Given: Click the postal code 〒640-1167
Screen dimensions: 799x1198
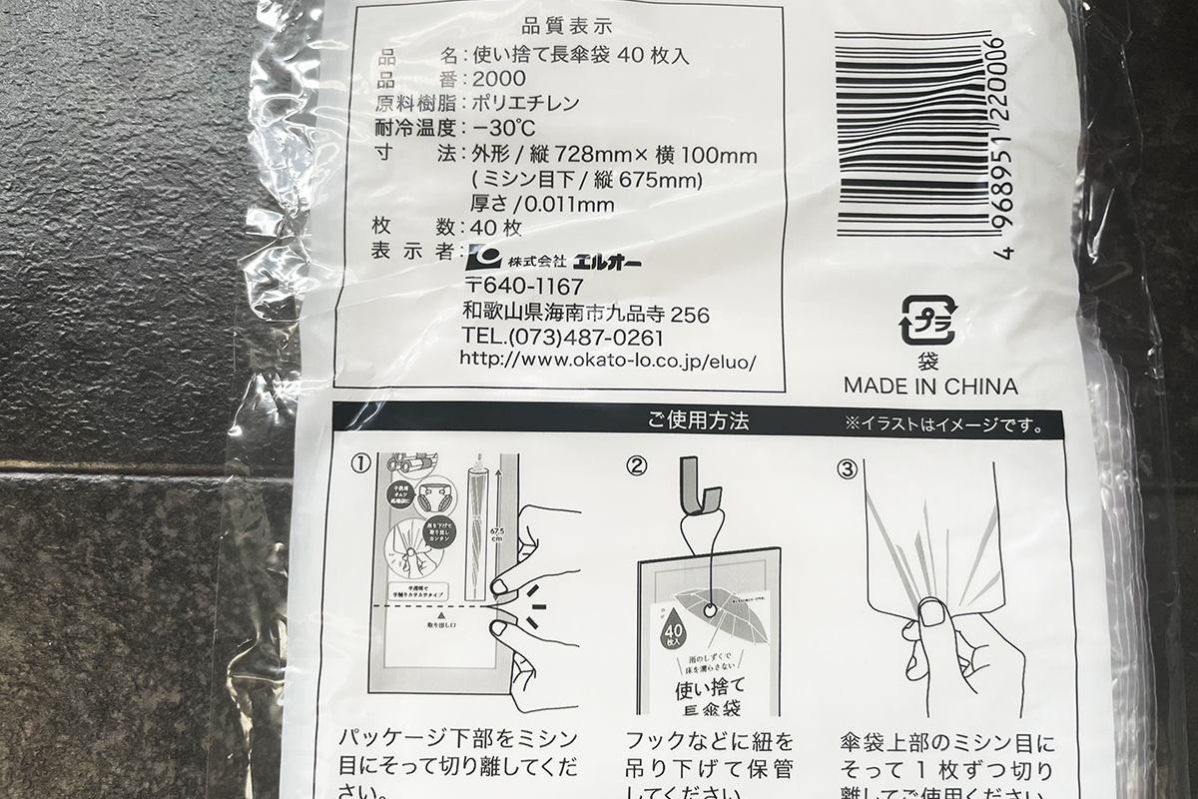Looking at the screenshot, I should (x=523, y=288).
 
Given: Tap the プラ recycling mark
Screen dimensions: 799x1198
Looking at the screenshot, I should (x=928, y=321).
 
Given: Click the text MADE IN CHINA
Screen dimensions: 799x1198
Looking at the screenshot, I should (x=930, y=386).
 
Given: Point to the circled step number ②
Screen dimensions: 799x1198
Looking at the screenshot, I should (x=637, y=464).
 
